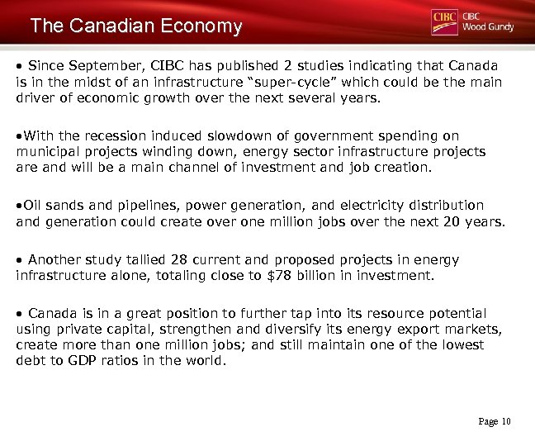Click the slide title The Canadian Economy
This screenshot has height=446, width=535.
point(136,26)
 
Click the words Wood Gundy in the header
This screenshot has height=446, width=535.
point(488,27)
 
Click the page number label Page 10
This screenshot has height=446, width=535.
point(495,422)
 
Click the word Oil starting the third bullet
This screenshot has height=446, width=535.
point(34,205)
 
